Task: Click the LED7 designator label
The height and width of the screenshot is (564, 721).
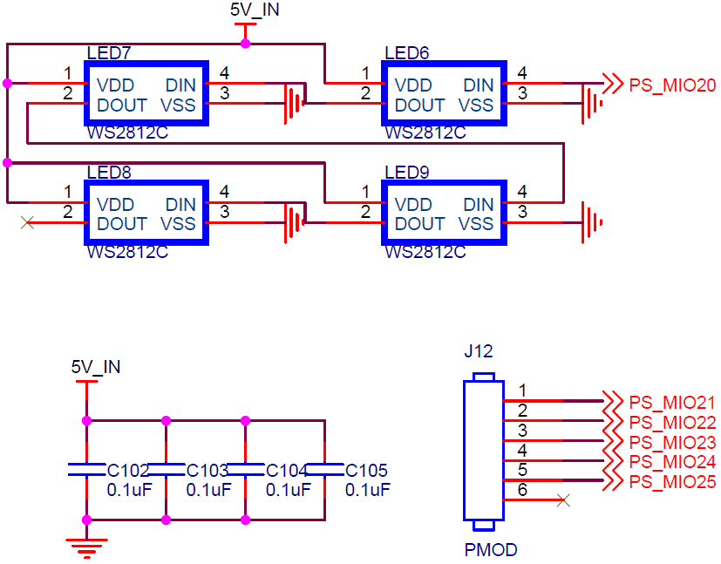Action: (x=109, y=53)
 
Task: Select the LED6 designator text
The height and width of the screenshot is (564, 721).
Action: (x=407, y=53)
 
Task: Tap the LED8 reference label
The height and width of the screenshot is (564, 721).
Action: (x=109, y=173)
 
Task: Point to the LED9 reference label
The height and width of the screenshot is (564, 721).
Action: (x=407, y=173)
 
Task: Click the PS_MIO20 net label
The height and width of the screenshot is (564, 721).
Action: (x=672, y=85)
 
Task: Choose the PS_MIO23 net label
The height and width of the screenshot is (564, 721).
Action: (x=672, y=442)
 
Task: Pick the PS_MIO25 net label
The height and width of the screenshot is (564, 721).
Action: (x=672, y=482)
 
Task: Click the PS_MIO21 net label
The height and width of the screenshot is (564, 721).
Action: (x=672, y=403)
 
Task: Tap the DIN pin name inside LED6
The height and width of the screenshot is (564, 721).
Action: (x=479, y=85)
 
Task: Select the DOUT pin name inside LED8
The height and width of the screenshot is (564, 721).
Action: (x=122, y=224)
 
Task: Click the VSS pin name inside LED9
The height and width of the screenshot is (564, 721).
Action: (x=476, y=224)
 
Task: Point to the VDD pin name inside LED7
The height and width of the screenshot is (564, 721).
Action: (x=115, y=85)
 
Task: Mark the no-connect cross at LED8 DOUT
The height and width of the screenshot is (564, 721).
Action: (x=28, y=223)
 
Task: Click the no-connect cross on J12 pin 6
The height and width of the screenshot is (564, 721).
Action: (x=563, y=500)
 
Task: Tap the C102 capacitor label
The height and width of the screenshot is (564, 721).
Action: (x=128, y=470)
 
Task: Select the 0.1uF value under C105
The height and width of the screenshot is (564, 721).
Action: (x=367, y=490)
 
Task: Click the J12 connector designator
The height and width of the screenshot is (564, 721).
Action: (x=479, y=351)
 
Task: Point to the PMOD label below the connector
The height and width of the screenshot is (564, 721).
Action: (x=491, y=550)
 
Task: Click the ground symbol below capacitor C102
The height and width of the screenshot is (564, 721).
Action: (x=86, y=548)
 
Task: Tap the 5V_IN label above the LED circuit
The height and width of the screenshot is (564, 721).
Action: (x=255, y=10)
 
